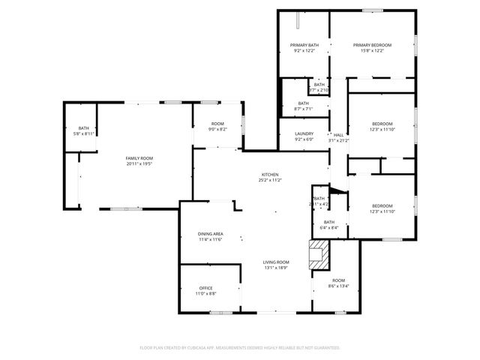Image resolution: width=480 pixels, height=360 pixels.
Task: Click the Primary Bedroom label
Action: [x=373, y=45]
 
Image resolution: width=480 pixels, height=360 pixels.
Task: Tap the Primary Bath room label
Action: [x=304, y=45]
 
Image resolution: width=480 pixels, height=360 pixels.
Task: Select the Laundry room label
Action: [x=304, y=133]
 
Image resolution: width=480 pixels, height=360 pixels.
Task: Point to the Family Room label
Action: [x=139, y=158]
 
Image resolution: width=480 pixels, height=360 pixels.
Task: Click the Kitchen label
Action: [x=269, y=175]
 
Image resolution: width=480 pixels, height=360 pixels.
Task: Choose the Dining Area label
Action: [x=211, y=234]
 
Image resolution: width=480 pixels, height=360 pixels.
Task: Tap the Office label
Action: [x=206, y=288]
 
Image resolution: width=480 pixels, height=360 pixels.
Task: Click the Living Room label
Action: [x=276, y=262]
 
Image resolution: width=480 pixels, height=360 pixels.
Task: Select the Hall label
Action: [x=339, y=135]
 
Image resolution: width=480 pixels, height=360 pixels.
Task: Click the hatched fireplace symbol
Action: [x=320, y=253]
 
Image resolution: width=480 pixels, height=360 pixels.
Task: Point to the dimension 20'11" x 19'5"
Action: [x=139, y=163]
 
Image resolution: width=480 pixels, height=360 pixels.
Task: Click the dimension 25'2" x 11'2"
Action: [x=269, y=181]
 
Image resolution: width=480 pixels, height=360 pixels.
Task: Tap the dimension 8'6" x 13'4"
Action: [x=339, y=285]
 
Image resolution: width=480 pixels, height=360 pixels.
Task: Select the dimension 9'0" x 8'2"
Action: [x=217, y=129]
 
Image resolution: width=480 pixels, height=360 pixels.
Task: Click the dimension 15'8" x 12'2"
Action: [x=373, y=51]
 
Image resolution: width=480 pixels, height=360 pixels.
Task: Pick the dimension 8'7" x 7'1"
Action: [x=303, y=109]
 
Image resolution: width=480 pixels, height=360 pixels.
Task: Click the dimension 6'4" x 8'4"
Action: [x=329, y=228]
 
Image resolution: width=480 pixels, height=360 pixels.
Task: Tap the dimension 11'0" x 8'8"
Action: [x=206, y=294]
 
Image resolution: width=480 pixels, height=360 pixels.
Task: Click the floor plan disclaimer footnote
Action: [x=240, y=348]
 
